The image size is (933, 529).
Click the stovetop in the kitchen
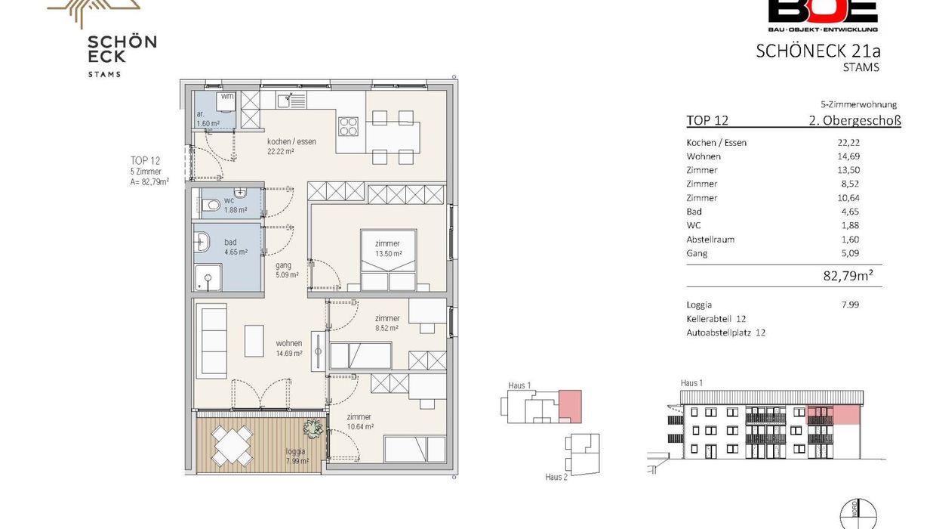click(348, 126)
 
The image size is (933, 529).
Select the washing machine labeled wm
click(226, 103)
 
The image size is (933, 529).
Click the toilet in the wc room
click(211, 205)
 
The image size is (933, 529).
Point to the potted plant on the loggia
click(313, 428)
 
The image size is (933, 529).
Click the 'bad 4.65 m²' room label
click(236, 247)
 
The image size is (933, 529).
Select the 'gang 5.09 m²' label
click(287, 270)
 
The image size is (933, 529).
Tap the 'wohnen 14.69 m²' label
click(288, 348)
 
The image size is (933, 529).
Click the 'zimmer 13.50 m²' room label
click(388, 248)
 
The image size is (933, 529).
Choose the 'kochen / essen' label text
click(291, 141)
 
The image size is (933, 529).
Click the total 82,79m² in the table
click(848, 276)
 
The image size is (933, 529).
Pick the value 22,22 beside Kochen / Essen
click(848, 142)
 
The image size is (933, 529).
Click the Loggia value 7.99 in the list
click(850, 305)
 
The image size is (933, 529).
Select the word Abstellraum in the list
click(710, 240)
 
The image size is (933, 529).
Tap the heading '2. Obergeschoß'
click(854, 120)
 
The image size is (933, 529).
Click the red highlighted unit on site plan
click(570, 407)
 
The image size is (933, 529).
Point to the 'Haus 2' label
click(556, 477)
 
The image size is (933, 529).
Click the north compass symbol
click(858, 514)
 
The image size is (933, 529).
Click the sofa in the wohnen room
click(214, 341)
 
